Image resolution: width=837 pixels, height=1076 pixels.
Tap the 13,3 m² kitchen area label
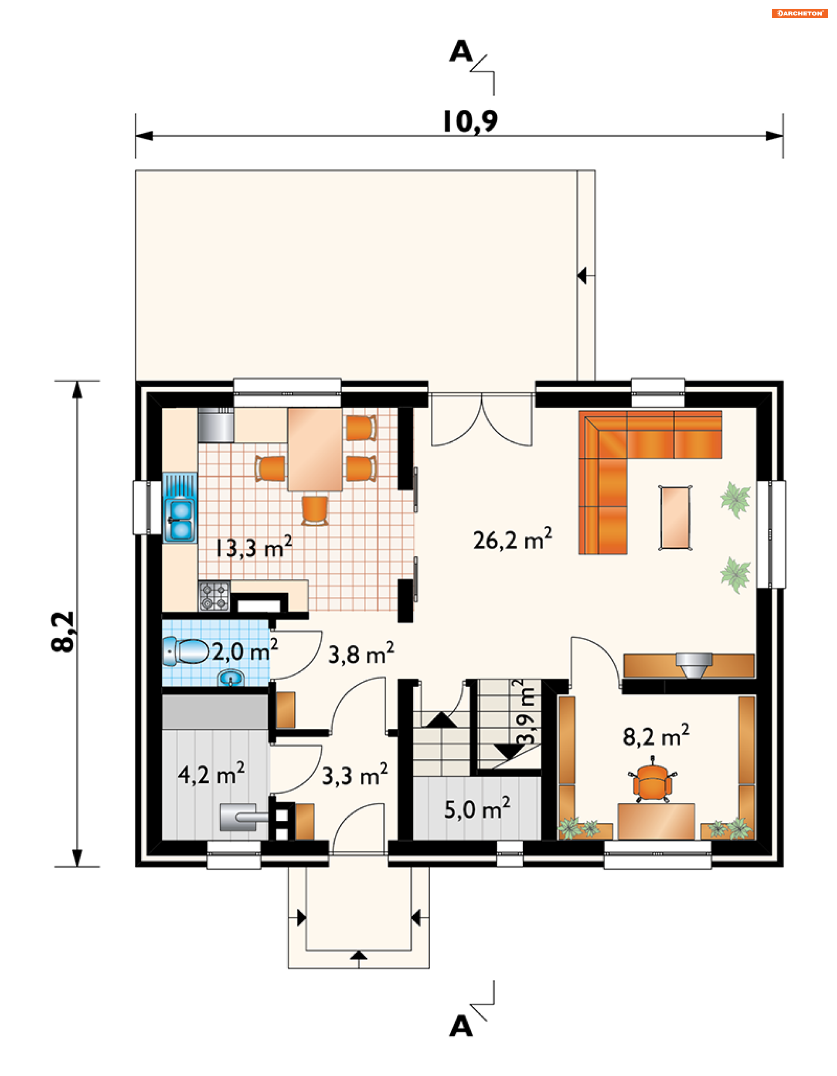pos(253,546)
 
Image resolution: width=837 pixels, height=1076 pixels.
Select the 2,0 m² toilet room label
pos(245,650)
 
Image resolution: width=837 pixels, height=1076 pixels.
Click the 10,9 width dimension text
pos(470,121)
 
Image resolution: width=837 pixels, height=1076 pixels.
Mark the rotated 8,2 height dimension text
pos(63,632)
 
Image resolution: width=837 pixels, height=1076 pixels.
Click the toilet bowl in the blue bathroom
pos(185,651)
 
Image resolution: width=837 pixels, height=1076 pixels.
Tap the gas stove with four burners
pos(214,596)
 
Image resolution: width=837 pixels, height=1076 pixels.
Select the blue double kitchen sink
pos(180,508)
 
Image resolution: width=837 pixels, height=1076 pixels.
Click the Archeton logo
pos(799,14)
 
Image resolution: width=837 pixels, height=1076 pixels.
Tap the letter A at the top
pos(461,51)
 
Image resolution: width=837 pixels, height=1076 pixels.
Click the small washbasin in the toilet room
pos(231,678)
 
